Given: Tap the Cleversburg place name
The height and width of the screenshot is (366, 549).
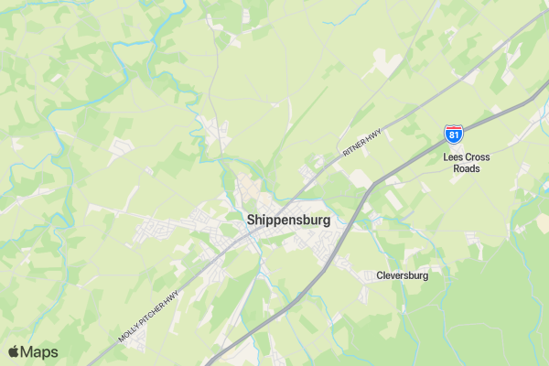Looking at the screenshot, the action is [402, 274].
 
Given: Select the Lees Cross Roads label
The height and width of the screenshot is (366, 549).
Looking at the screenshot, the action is [466, 163].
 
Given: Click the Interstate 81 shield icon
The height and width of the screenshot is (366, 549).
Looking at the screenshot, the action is [454, 135].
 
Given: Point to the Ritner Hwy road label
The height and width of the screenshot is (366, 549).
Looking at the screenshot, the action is [361, 141].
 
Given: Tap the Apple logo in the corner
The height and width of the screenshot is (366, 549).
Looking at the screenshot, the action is [14, 352].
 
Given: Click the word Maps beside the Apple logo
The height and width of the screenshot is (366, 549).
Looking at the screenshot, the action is [39, 352].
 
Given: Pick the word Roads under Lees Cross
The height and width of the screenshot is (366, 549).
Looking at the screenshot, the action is [466, 168].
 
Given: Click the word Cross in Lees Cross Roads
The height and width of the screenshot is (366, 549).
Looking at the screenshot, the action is [478, 157].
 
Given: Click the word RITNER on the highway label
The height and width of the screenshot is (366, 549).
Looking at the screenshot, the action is [355, 145].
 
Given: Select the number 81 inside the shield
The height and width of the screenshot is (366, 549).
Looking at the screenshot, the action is [454, 135].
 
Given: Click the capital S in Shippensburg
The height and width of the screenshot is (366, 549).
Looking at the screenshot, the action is [252, 221].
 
